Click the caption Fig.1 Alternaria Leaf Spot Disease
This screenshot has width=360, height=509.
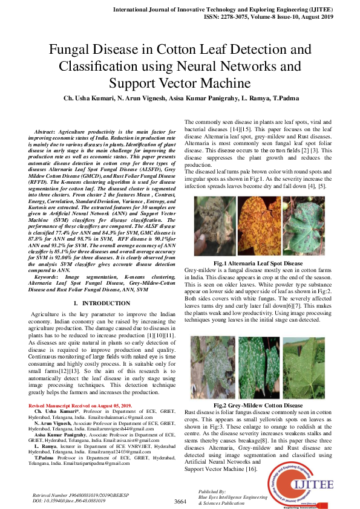pyautogui.click(x=259, y=264)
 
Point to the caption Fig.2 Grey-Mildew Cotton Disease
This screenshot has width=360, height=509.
pyautogui.click(x=259, y=405)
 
